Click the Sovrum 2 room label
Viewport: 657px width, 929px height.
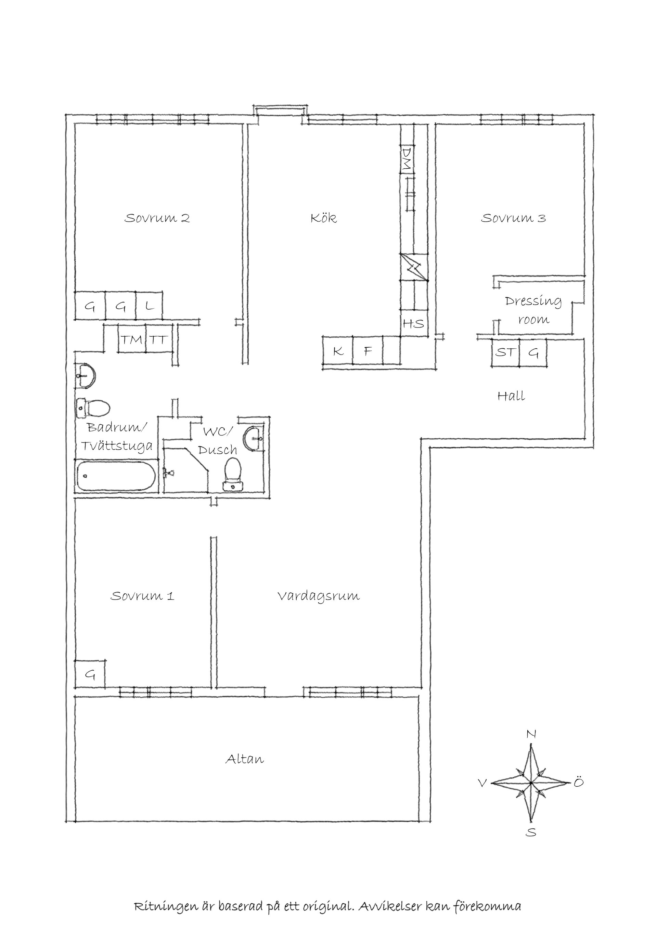tap(157, 219)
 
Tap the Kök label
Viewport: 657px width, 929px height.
tap(324, 219)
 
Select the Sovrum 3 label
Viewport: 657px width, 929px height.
tap(513, 219)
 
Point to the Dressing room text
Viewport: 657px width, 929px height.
tap(533, 310)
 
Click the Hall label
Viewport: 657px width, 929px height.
tap(511, 396)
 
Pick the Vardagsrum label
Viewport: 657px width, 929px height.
tap(318, 596)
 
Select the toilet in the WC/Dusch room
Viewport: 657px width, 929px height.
tap(233, 474)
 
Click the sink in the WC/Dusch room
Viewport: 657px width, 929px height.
tap(253, 437)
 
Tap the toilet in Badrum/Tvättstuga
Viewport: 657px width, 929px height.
tap(93, 408)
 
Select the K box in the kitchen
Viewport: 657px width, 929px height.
tap(338, 351)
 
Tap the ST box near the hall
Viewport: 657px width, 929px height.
tap(506, 352)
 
